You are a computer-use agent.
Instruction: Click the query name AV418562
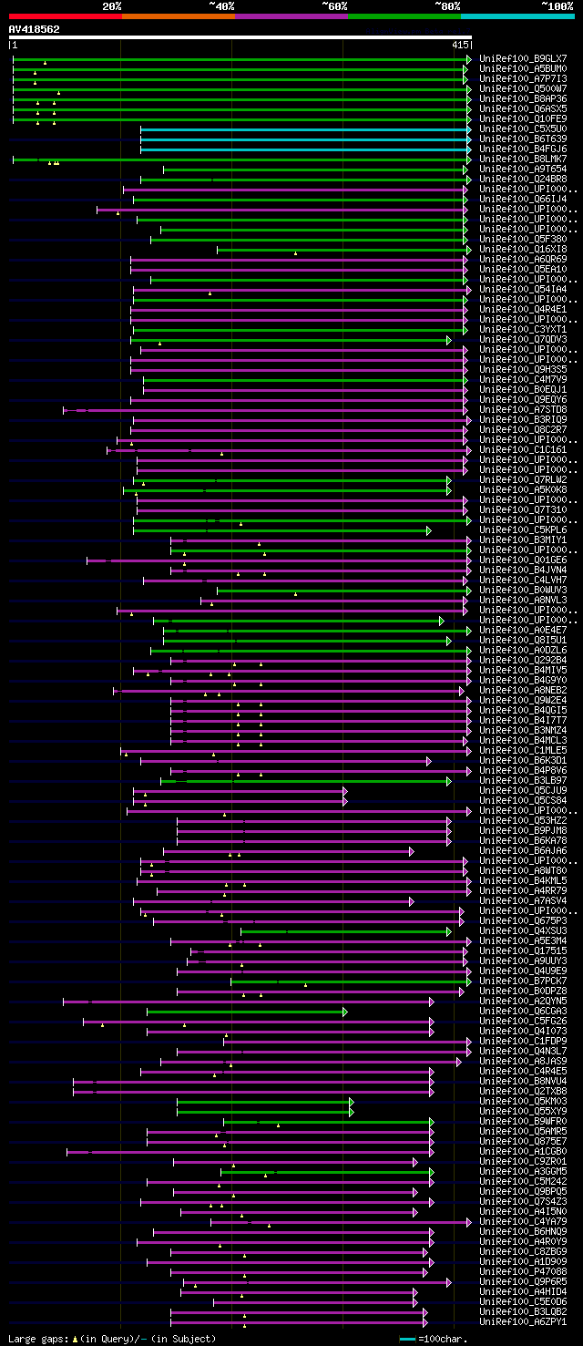(x=35, y=29)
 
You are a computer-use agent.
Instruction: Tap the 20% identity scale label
(x=112, y=5)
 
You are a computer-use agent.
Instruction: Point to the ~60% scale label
(x=334, y=5)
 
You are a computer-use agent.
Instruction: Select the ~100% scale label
(x=557, y=5)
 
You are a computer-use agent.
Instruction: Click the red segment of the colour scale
(x=65, y=16)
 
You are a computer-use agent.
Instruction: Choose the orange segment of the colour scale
(x=178, y=16)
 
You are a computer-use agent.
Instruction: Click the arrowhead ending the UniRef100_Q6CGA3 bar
(x=344, y=1012)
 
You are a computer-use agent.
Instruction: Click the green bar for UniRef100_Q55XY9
(x=263, y=1112)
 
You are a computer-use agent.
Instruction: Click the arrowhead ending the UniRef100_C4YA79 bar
(x=469, y=1222)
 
